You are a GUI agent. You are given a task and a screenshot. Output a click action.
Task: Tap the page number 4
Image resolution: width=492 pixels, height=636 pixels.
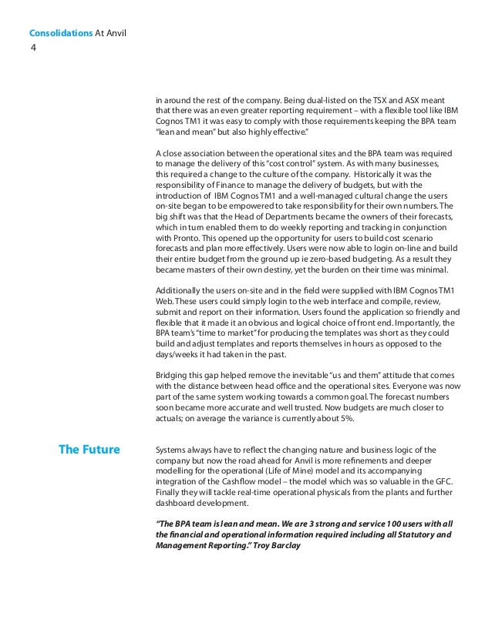(x=32, y=48)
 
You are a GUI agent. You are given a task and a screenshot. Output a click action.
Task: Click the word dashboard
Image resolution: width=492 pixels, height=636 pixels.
(x=174, y=504)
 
